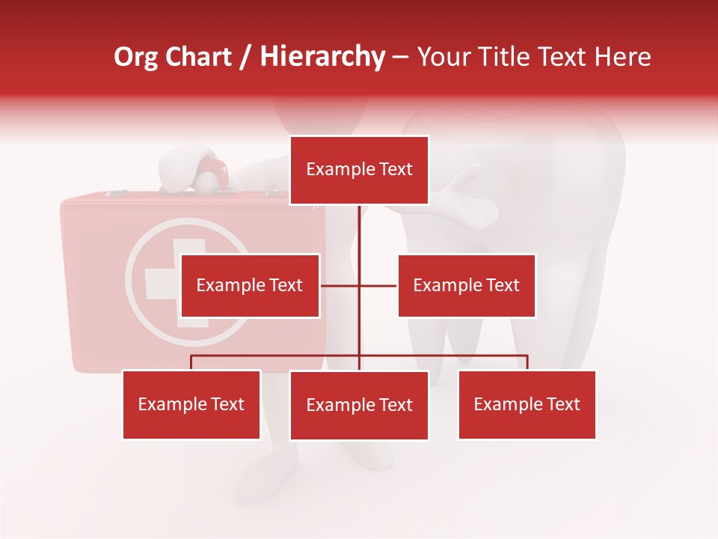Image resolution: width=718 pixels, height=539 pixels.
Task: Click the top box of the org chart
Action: (x=359, y=170)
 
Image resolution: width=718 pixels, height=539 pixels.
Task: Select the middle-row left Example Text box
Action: (x=250, y=285)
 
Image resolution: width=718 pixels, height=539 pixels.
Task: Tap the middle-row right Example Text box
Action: (x=466, y=285)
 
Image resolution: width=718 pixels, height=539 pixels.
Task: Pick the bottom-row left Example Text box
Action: (x=191, y=404)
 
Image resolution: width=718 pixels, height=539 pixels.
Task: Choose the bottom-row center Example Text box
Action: (x=359, y=405)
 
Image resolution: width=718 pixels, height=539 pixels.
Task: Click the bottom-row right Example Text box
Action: (x=527, y=404)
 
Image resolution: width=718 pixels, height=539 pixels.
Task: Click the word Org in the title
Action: (x=135, y=57)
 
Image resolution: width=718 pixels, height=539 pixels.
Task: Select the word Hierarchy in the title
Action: (x=322, y=57)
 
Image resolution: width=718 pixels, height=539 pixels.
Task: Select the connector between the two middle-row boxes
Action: (x=359, y=285)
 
